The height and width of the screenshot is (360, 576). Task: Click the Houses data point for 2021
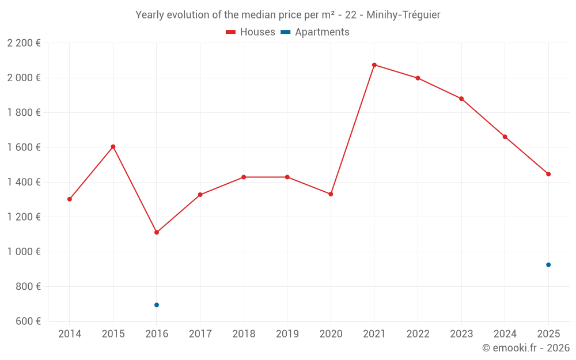click(374, 65)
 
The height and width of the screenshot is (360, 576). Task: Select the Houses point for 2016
click(157, 232)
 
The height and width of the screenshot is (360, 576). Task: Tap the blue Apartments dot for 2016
click(157, 305)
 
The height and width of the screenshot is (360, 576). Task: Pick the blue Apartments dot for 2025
click(548, 265)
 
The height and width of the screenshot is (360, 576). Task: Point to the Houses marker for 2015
click(113, 146)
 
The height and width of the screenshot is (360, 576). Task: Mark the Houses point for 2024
click(505, 137)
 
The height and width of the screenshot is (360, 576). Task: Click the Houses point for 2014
click(70, 199)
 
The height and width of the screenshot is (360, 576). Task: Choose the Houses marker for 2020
click(331, 194)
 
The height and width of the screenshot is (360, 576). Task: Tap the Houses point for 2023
click(461, 99)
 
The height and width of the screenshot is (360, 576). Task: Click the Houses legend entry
click(251, 32)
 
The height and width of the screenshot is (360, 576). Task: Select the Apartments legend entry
click(315, 32)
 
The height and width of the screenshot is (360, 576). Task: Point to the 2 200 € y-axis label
click(24, 43)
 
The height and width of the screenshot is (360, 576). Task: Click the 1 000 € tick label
click(24, 252)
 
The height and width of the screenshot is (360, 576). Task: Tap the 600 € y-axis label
click(28, 321)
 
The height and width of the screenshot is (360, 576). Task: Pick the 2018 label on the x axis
click(244, 334)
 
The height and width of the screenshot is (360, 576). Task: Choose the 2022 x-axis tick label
click(418, 334)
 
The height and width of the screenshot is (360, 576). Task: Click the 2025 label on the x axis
click(548, 334)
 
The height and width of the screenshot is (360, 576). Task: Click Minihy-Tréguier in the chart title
click(403, 15)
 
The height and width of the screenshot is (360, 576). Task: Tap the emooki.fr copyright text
click(526, 347)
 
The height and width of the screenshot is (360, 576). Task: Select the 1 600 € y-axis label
click(24, 147)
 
